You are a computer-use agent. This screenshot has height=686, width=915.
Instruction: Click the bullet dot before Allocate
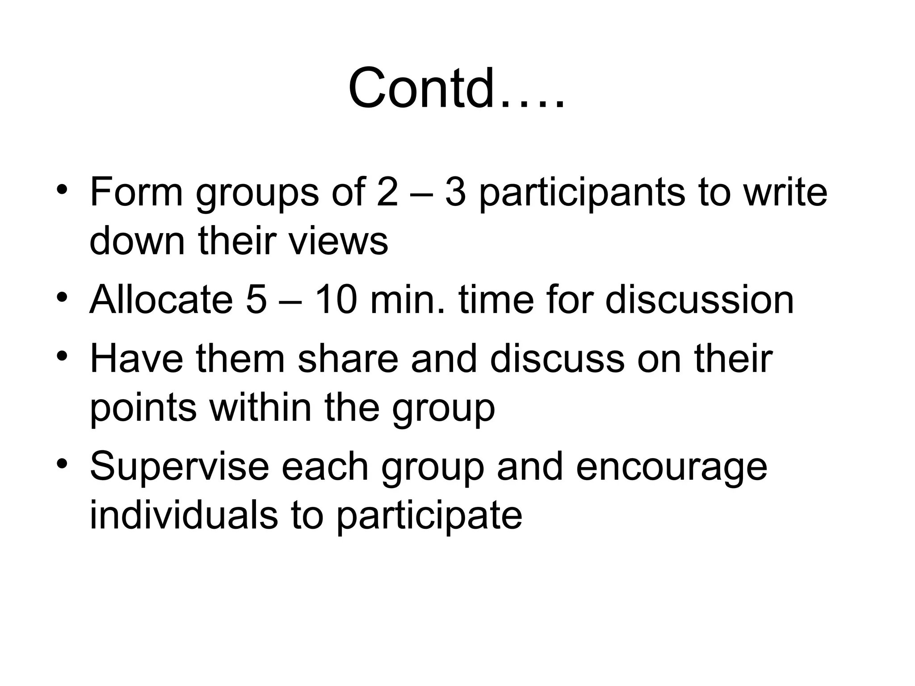coord(62,297)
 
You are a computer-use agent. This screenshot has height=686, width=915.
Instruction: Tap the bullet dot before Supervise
coord(62,463)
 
